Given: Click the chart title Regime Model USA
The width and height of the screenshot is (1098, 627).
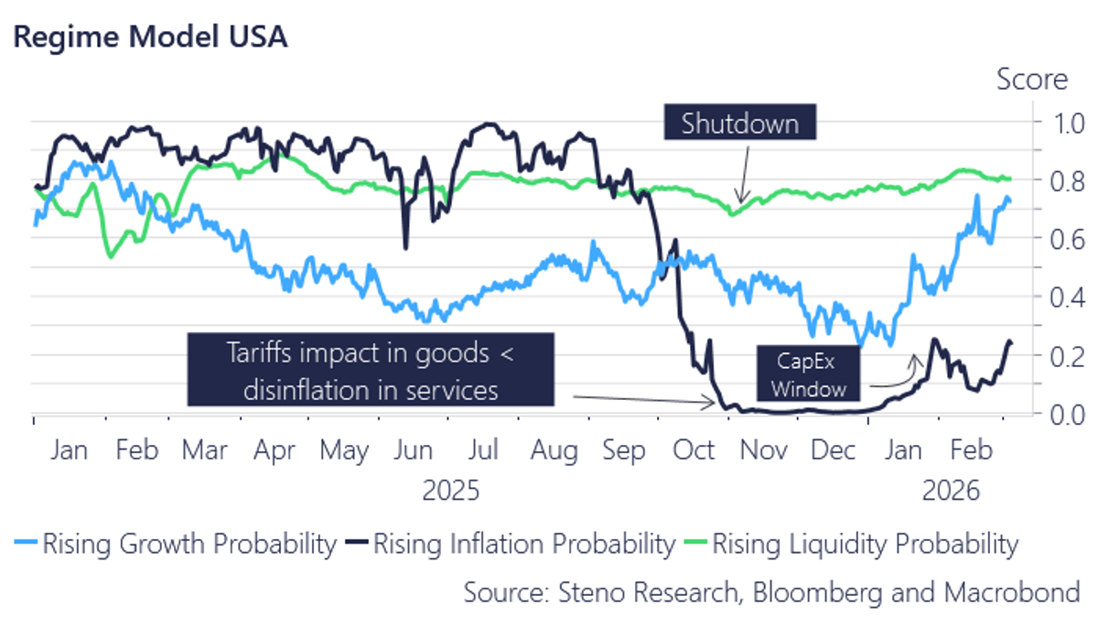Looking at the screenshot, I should [149, 38].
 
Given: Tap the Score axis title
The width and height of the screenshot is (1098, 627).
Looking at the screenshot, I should [1031, 80].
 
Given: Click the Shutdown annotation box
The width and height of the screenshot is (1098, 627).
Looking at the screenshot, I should [739, 123].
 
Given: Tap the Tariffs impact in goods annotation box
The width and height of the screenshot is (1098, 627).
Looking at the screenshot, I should [371, 370].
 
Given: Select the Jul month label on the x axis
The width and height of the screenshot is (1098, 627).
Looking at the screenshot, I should [483, 451].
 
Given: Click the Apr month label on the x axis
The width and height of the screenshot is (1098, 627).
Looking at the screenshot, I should [274, 451].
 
